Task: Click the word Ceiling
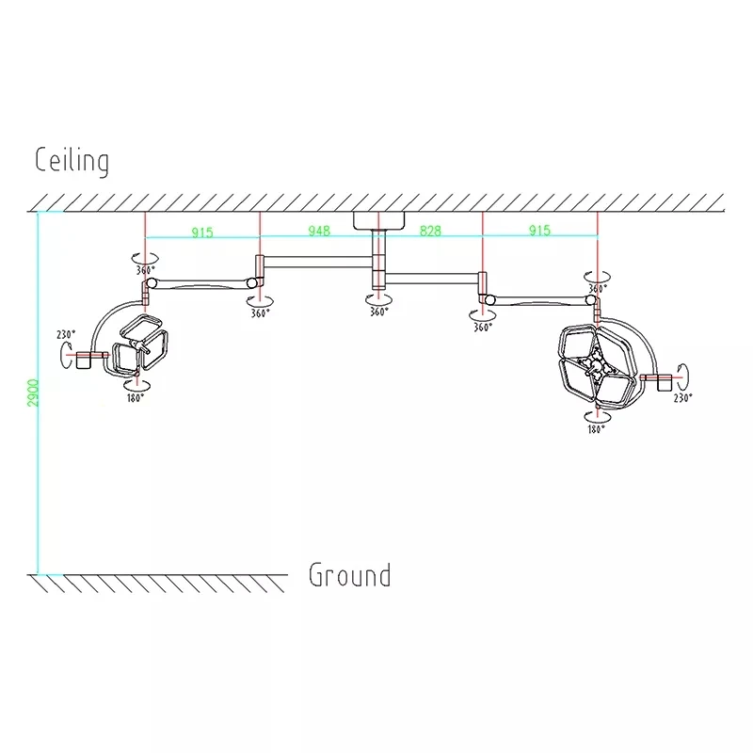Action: click(x=72, y=161)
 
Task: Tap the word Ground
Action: click(x=349, y=575)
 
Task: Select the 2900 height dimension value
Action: click(x=33, y=393)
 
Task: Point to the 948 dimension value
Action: click(x=319, y=231)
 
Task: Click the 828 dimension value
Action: click(x=430, y=231)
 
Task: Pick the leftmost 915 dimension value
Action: click(x=202, y=232)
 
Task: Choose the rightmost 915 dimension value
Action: click(x=539, y=231)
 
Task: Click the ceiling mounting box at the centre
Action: click(x=379, y=220)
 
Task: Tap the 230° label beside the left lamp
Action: click(x=66, y=334)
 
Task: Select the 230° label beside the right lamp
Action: click(x=682, y=397)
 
